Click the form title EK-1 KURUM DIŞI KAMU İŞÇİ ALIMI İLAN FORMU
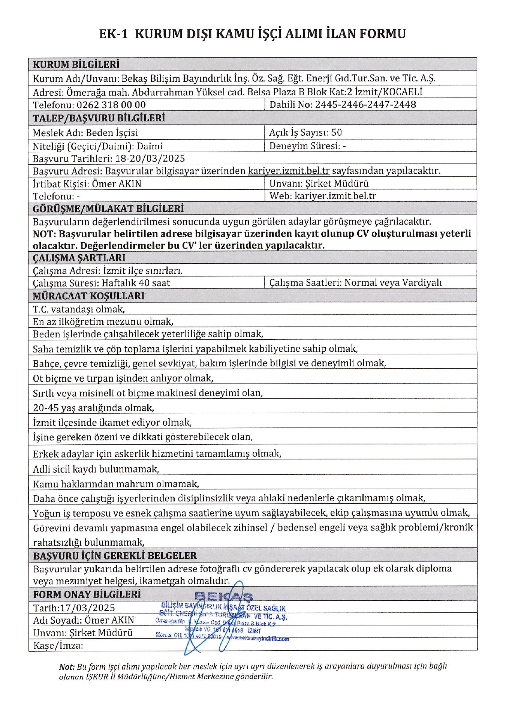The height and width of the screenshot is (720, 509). [252, 34]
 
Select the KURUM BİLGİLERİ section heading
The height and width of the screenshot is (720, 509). [76, 64]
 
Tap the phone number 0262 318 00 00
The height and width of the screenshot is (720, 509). [111, 105]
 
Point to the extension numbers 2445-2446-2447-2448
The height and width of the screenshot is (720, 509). [365, 104]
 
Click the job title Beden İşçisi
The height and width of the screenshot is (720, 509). [112, 133]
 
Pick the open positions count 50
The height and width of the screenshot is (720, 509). [336, 132]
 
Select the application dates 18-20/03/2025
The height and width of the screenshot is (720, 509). [150, 158]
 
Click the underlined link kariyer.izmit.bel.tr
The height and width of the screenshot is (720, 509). [289, 171]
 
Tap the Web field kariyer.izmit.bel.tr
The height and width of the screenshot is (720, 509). [335, 196]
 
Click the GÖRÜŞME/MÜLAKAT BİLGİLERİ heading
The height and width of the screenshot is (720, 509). [108, 208]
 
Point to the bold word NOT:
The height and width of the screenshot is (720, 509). [45, 234]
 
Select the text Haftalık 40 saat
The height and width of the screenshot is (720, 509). [136, 283]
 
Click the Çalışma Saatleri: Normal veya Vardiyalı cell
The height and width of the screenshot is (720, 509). [355, 282]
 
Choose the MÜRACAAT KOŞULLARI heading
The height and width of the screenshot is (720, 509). [88, 296]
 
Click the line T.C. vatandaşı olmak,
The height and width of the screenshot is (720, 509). [79, 309]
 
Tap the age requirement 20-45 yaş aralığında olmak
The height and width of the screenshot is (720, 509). [93, 408]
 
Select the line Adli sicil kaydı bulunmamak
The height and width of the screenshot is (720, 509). [96, 469]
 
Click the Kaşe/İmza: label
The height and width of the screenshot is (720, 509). [58, 645]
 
